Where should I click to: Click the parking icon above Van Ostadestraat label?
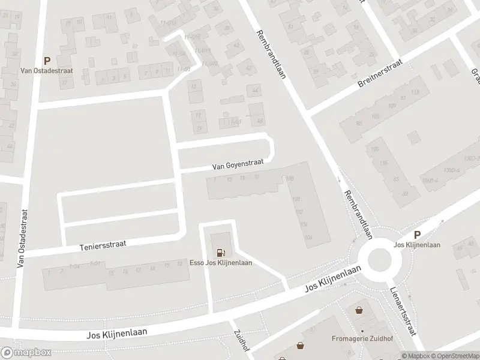pos(47,61)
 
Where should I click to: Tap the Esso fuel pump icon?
pos(221,253)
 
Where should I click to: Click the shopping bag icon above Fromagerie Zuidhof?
pos(359,311)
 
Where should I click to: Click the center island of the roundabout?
pos(383,260)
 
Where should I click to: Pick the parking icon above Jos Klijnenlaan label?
pos(418,235)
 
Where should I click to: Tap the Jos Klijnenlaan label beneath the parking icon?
pos(417,245)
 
